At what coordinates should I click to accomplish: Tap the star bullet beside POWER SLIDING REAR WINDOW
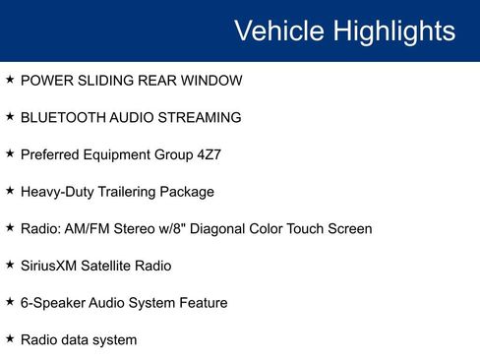10,79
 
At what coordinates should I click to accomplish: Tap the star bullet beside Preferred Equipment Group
10,153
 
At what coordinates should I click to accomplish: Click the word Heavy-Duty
58,192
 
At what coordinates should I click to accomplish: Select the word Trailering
128,192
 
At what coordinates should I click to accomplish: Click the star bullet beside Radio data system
10,339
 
